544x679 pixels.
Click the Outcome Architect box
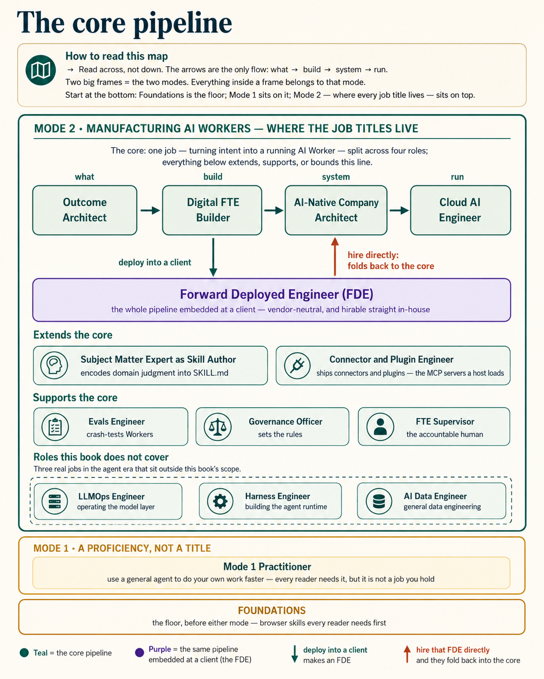point(85,210)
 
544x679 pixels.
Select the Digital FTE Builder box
point(212,210)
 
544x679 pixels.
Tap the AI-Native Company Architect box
point(336,210)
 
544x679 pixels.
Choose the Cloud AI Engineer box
point(460,210)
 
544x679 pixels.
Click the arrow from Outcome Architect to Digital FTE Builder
point(150,211)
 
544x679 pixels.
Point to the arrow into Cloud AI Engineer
point(399,211)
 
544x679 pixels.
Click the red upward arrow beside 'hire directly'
point(335,257)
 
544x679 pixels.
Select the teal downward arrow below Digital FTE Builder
point(213,257)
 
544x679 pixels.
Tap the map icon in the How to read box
point(41,70)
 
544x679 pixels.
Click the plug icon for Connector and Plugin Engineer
point(297,366)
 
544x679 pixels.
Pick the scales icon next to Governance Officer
point(217,427)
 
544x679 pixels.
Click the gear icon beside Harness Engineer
point(220,501)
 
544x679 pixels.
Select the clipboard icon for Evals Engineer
point(55,427)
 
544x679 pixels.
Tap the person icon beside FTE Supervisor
point(380,427)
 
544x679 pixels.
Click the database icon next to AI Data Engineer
point(379,501)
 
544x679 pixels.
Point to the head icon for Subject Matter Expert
point(54,365)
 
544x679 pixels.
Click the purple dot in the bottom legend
point(139,652)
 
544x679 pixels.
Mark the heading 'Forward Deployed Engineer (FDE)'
point(276,294)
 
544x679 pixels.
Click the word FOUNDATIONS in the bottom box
point(272,611)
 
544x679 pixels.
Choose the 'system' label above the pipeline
point(336,177)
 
